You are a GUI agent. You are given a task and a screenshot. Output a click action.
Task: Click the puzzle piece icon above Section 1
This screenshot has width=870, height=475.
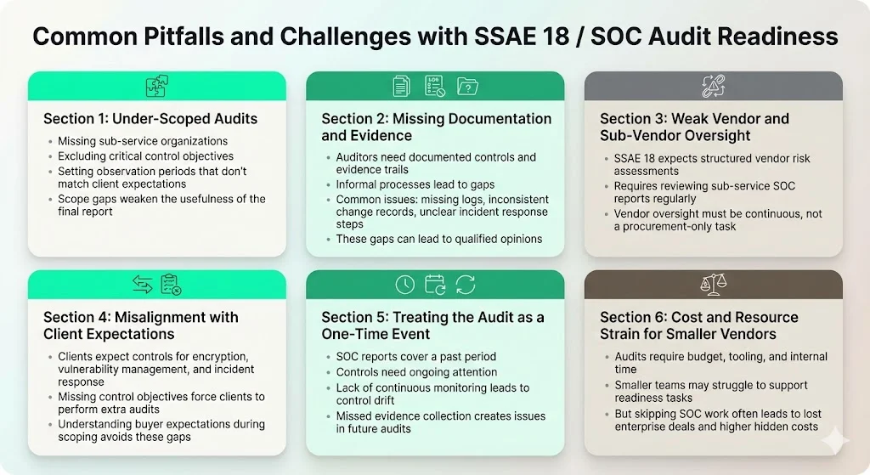coord(156,86)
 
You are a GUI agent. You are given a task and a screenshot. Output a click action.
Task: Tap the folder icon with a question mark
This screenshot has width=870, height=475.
coord(467,86)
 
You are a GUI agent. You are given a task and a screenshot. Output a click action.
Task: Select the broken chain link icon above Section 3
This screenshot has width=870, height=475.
coord(713,86)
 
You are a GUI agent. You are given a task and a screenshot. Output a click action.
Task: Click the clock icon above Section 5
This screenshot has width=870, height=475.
coord(405,285)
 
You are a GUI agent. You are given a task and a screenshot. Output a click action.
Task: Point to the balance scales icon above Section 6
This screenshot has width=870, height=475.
coord(713,285)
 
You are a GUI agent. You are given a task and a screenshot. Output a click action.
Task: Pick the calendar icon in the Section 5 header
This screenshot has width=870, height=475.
coord(435,285)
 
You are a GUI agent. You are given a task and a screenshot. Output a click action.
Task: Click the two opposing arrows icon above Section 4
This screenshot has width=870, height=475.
coord(142,285)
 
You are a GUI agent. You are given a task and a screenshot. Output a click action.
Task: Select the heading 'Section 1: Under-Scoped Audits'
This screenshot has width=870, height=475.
coord(150,118)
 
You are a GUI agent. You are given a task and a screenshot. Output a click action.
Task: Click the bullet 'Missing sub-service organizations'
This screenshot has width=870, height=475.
coord(142,141)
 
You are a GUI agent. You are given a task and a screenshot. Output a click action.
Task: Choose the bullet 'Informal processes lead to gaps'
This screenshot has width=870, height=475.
coord(415,184)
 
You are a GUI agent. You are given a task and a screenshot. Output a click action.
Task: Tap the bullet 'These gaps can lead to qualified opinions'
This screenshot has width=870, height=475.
coord(438,239)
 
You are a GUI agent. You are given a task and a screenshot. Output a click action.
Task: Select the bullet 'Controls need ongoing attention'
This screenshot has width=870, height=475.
coord(416,372)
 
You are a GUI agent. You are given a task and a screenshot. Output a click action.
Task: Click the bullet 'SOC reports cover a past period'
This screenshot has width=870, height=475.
coord(415,357)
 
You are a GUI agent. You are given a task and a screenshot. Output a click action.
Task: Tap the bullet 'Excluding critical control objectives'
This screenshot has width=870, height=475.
coord(145,156)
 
